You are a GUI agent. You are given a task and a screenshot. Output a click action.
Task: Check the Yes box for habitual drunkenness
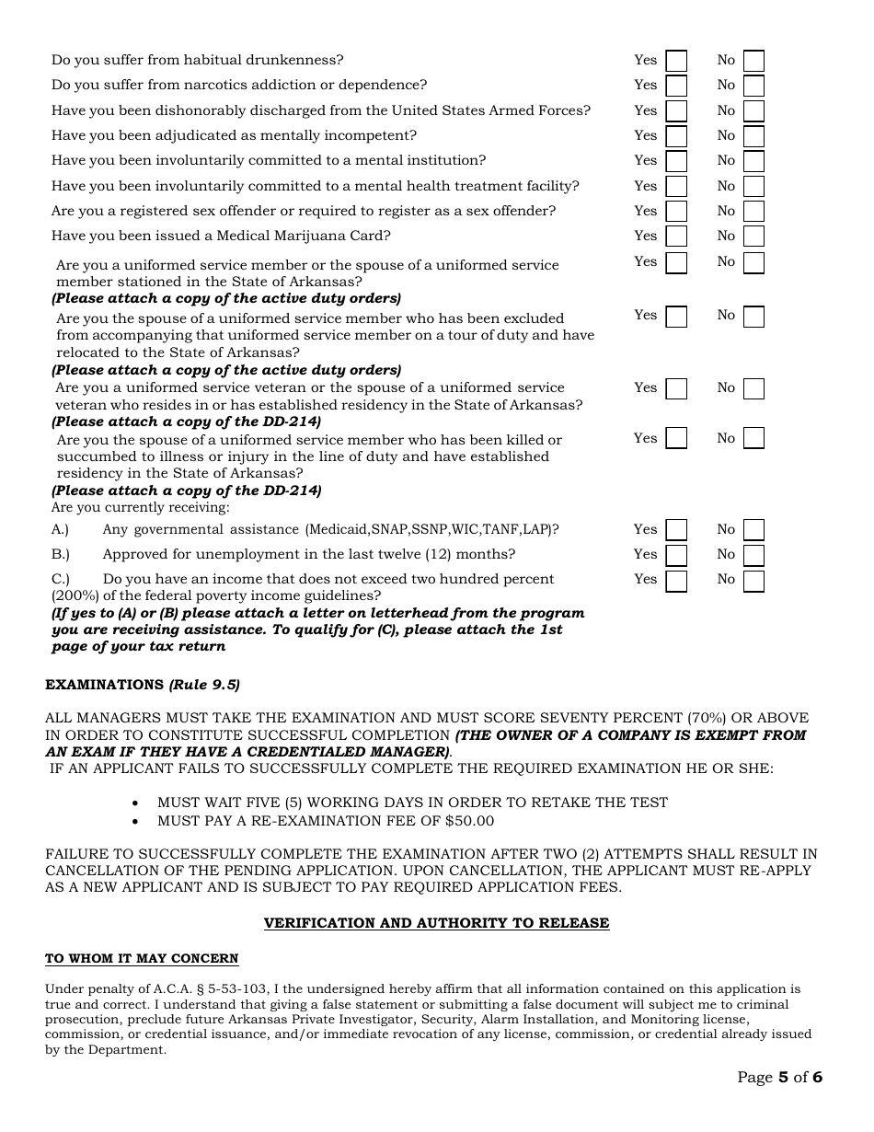coord(676,61)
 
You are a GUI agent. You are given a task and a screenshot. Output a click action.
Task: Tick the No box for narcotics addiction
coord(753,86)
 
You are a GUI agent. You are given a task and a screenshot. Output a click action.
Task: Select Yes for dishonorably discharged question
coord(676,111)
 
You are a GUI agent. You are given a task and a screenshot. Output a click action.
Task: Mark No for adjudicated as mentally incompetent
coord(753,136)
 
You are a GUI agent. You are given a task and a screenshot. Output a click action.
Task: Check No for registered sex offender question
coord(753,212)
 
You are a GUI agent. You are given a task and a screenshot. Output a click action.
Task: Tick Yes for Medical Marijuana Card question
coord(676,237)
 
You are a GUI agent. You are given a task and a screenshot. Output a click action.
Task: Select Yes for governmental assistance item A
coord(676,530)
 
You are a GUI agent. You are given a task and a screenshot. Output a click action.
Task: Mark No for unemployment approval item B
coord(753,555)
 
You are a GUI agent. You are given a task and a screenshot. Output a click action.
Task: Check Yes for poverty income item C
coord(676,580)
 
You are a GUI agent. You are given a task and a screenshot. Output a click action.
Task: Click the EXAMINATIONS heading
coord(104,685)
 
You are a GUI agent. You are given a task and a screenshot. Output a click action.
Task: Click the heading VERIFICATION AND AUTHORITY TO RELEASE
coord(436,923)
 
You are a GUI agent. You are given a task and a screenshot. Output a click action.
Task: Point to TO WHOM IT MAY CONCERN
coord(142,959)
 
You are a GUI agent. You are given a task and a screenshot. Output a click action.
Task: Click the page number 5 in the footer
coord(783,1078)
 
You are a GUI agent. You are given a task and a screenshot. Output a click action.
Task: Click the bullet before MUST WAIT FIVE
coord(137,803)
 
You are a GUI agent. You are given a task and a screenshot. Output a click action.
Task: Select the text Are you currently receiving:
coord(140,507)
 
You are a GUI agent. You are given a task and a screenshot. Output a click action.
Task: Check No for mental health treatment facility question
coord(753,187)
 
